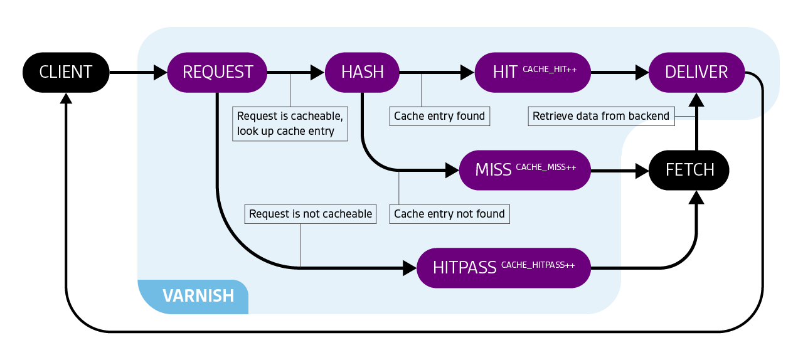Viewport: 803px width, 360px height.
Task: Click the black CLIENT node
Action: tap(66, 72)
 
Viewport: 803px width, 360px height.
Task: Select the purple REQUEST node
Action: tap(217, 72)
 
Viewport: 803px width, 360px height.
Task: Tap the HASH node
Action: tap(362, 72)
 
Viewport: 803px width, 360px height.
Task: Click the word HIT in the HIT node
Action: tap(505, 72)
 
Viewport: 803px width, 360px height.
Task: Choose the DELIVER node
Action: tap(696, 72)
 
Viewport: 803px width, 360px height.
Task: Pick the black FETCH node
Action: tap(689, 170)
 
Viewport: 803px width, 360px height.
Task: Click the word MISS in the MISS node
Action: tap(493, 170)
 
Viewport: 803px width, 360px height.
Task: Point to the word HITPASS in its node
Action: tap(464, 268)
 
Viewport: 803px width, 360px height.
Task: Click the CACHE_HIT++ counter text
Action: tap(550, 69)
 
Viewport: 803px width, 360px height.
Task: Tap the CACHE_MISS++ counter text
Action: tap(546, 167)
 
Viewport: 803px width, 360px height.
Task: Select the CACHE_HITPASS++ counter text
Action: tap(538, 265)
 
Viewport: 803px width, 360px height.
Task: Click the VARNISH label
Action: tap(198, 295)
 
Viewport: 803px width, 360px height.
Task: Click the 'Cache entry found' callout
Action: tap(439, 116)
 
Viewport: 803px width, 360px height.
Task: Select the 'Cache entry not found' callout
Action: tap(449, 214)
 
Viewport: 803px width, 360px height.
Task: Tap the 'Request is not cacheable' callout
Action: tap(311, 214)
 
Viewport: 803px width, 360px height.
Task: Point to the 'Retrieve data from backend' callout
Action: tap(600, 116)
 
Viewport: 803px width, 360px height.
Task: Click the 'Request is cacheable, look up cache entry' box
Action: tap(290, 124)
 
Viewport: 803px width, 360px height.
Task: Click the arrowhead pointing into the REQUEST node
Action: tap(161, 73)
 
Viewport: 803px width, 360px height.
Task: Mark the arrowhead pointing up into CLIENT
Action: tap(66, 98)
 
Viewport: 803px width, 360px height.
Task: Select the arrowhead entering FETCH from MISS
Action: tap(642, 171)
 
